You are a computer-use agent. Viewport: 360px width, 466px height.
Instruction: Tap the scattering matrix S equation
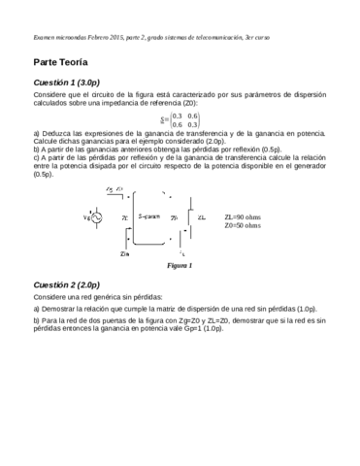click(180, 119)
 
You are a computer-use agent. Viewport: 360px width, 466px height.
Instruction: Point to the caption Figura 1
click(180, 265)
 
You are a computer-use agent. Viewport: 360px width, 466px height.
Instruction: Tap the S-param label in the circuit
click(149, 216)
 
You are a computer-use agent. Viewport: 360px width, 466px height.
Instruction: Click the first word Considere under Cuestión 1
click(49, 99)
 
